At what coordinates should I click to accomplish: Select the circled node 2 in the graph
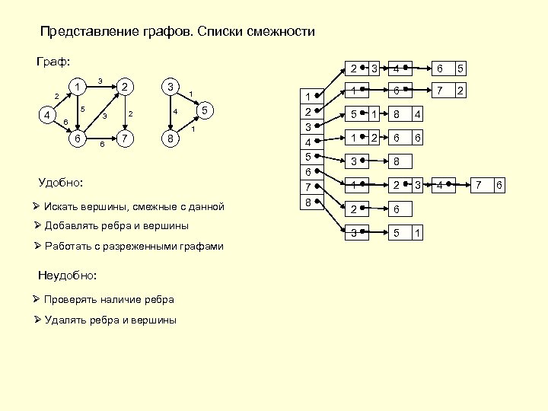point(126,87)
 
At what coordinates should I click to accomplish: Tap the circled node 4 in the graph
point(48,115)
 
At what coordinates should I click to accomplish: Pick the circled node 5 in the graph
point(204,111)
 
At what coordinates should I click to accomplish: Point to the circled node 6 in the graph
point(77,139)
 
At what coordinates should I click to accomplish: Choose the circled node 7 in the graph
point(126,139)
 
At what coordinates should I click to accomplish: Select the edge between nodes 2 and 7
point(126,113)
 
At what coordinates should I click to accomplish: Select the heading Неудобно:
point(68,275)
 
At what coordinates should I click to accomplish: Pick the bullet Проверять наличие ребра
point(109,299)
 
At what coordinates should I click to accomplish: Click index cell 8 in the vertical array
point(308,202)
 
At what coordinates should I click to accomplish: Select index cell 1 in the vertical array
point(308,97)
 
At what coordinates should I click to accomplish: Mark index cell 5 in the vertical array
point(308,157)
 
